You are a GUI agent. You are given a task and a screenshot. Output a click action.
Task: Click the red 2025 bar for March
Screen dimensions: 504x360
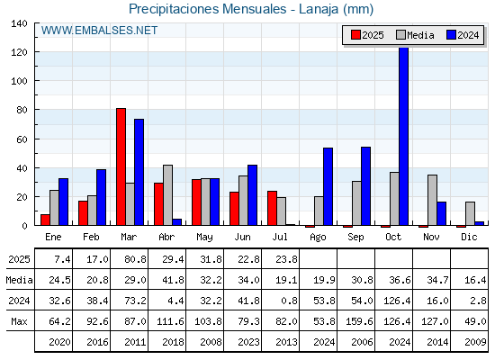click(x=121, y=166)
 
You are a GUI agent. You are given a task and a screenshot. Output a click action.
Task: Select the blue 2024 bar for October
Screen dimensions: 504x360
click(x=404, y=136)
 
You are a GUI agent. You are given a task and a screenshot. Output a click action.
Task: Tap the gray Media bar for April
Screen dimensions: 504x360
click(x=167, y=195)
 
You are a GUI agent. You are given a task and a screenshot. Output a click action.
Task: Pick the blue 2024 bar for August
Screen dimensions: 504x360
click(x=328, y=186)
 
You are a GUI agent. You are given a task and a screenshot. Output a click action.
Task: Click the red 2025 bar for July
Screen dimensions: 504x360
click(x=272, y=208)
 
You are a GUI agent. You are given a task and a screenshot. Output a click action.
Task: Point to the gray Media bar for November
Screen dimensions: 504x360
click(x=432, y=200)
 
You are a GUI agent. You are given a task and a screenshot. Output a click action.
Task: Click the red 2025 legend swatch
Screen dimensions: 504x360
click(x=355, y=35)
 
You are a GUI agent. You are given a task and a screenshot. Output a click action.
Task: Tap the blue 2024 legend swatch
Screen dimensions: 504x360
click(x=451, y=35)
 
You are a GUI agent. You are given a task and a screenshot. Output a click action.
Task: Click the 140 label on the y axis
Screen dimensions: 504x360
click(x=20, y=23)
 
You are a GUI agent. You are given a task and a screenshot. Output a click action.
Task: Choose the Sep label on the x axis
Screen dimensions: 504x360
click(x=355, y=238)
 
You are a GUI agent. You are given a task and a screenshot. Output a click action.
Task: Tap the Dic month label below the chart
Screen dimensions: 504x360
click(x=469, y=237)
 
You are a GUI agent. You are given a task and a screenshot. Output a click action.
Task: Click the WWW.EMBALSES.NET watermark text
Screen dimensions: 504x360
click(x=99, y=31)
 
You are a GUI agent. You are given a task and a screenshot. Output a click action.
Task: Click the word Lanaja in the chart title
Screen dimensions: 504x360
click(x=319, y=9)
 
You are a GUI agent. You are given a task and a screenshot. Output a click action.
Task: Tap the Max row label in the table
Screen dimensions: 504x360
click(x=19, y=321)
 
